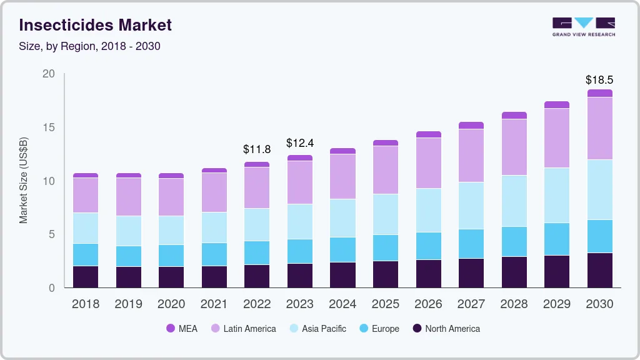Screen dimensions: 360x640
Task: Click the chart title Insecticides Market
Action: [96, 25]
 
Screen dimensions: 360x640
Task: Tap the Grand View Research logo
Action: [583, 26]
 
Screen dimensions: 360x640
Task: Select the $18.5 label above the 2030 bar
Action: [599, 80]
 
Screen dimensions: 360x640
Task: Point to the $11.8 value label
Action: [257, 149]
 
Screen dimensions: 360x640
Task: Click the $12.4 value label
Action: [299, 143]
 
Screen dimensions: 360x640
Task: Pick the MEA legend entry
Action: [182, 328]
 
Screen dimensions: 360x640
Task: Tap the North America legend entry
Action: [446, 328]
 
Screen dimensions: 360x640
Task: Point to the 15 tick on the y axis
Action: [48, 127]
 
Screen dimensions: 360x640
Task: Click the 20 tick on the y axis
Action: [48, 74]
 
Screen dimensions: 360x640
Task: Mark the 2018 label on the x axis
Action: [86, 304]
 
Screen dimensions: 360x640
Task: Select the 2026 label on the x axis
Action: [428, 304]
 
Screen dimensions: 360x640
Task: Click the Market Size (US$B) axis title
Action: [23, 181]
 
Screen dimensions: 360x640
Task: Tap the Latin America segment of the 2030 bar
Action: [599, 128]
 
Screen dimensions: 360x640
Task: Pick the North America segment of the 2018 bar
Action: [86, 277]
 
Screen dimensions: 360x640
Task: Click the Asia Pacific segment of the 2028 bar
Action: [514, 201]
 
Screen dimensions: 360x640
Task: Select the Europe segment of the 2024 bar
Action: [342, 249]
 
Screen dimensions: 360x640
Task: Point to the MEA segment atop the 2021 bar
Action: [214, 170]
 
